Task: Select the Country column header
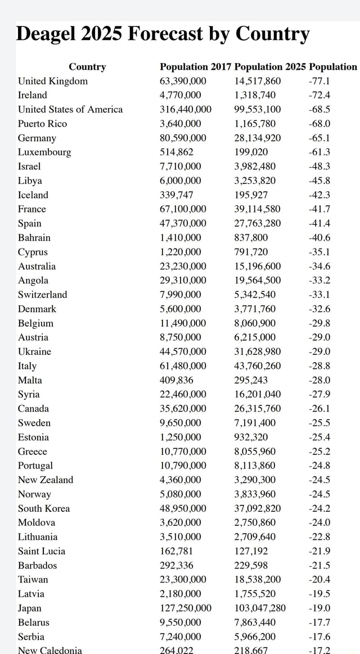(x=87, y=67)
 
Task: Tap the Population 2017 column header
(x=195, y=67)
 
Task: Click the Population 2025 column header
(x=270, y=67)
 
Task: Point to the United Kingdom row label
(x=53, y=81)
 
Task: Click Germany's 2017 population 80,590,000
(x=183, y=138)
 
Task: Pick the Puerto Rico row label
(x=42, y=124)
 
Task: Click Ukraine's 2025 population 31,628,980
(x=258, y=351)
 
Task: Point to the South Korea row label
(x=44, y=508)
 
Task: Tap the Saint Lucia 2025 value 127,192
(x=251, y=551)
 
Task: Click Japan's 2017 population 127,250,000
(x=186, y=608)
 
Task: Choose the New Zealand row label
(x=46, y=480)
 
